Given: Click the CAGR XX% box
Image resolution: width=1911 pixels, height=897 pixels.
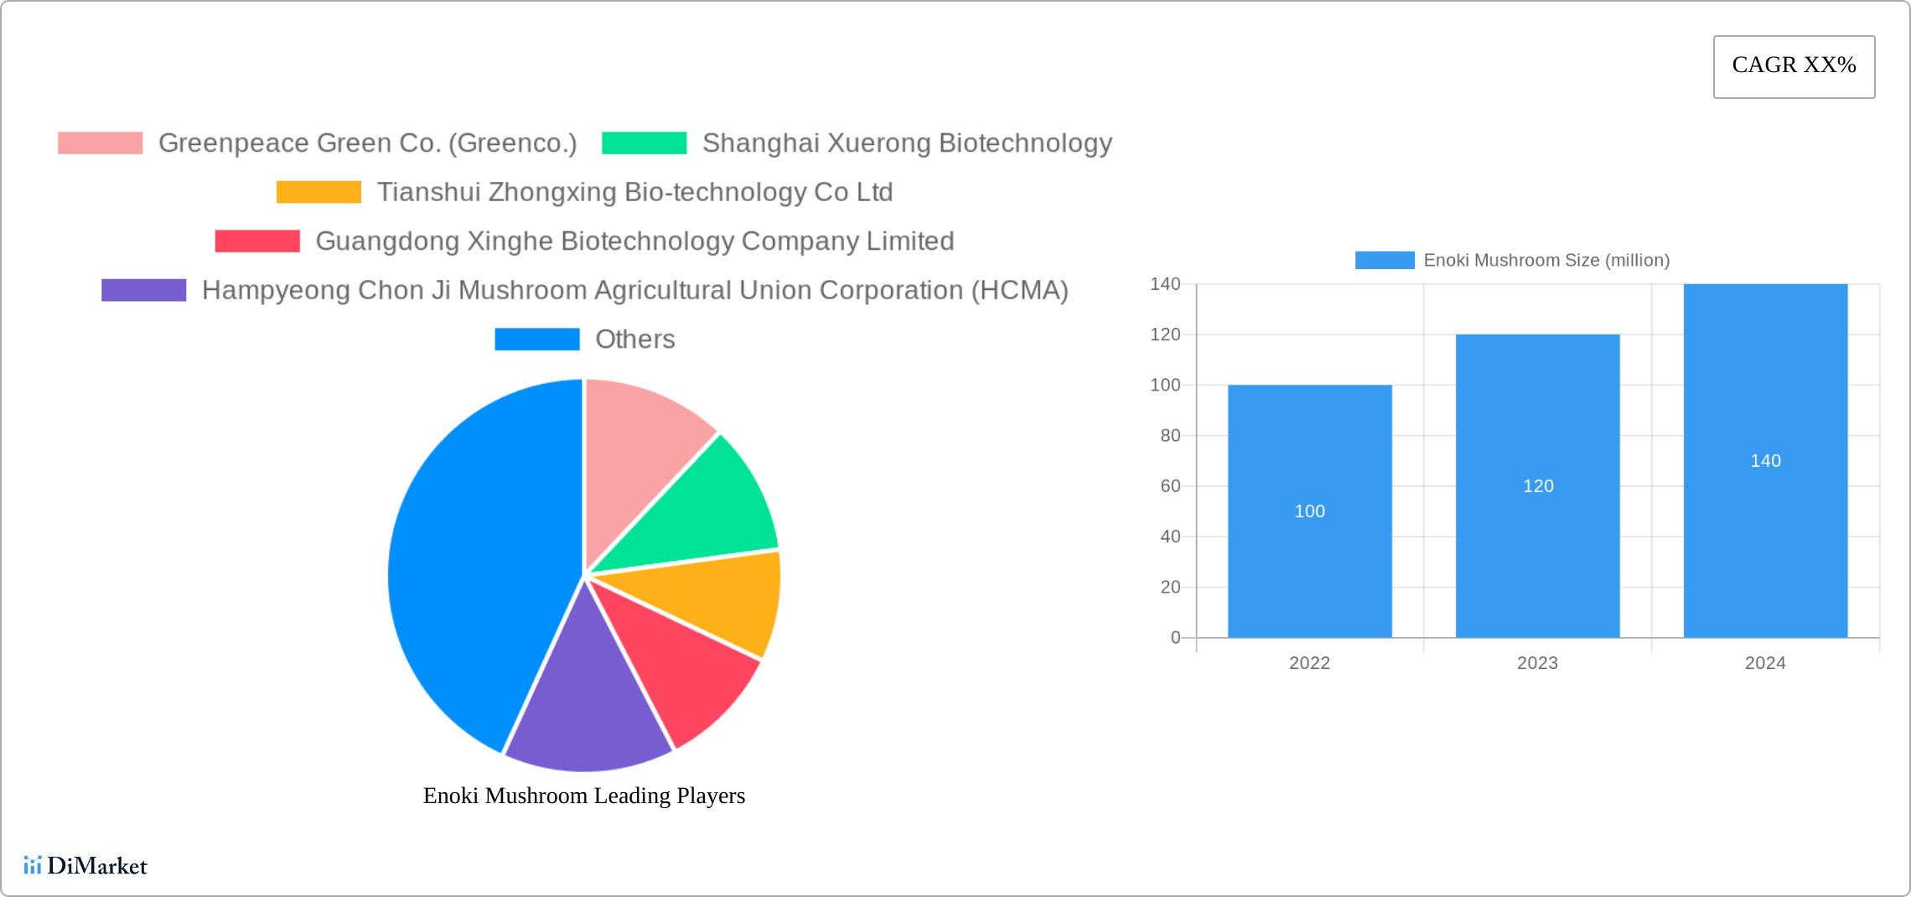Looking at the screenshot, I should [x=1794, y=66].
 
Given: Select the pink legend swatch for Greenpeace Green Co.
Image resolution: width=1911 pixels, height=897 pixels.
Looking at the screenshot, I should [x=100, y=143].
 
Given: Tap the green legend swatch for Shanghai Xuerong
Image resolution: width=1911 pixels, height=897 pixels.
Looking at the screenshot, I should [x=644, y=143].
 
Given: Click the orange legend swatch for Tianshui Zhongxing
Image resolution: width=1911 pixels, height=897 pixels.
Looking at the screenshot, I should [x=318, y=192].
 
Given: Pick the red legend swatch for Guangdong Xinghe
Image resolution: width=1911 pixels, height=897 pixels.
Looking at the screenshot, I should [x=257, y=241].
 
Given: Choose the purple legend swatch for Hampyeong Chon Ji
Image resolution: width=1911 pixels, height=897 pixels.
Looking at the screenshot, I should [x=143, y=290].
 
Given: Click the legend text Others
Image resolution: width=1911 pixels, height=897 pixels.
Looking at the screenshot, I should [x=634, y=340].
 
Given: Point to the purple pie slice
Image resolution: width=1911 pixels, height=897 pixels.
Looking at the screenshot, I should [x=587, y=704].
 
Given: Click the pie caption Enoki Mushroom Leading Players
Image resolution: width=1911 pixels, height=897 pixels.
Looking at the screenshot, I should [x=583, y=796].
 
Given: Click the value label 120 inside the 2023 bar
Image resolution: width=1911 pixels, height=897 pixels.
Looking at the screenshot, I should [x=1538, y=486].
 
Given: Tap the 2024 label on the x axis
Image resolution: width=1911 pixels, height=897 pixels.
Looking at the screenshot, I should [x=1765, y=663].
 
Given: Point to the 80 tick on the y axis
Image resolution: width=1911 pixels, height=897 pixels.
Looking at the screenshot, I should [x=1170, y=436].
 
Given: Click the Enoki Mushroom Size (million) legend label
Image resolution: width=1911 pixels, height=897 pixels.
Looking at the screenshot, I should [x=1546, y=261].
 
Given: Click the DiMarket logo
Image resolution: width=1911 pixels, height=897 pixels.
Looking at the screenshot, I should [x=85, y=866].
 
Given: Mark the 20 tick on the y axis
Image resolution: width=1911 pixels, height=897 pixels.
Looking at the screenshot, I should [x=1170, y=588].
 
